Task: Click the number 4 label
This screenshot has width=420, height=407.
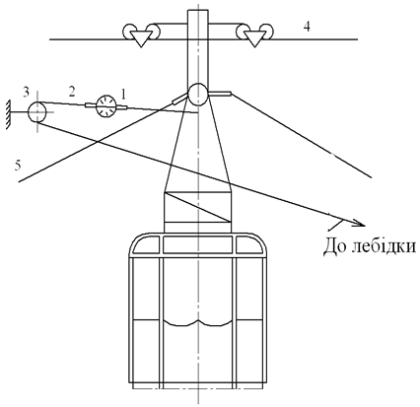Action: pyautogui.click(x=307, y=28)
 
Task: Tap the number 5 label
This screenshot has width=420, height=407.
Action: pyautogui.click(x=18, y=166)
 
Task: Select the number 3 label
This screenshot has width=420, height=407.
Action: pyautogui.click(x=27, y=93)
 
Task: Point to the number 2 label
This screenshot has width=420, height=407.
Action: pyautogui.click(x=72, y=92)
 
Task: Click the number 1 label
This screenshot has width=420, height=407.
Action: pyautogui.click(x=123, y=95)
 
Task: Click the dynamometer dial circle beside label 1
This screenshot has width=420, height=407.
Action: pyautogui.click(x=105, y=105)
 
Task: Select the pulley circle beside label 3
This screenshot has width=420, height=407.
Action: pyautogui.click(x=37, y=111)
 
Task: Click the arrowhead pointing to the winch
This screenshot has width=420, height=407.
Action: pyautogui.click(x=358, y=224)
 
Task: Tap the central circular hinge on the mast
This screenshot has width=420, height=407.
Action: pyautogui.click(x=198, y=94)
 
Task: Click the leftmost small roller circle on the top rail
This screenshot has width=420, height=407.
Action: pyautogui.click(x=127, y=31)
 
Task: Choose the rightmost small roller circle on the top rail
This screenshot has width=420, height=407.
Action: pyautogui.click(x=268, y=31)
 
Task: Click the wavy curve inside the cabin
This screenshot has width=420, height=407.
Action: pyautogui.click(x=198, y=322)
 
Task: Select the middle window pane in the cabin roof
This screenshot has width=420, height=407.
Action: pyautogui.click(x=198, y=245)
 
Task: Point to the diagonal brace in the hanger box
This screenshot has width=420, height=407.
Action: pyautogui.click(x=198, y=207)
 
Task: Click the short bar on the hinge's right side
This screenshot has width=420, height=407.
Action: pyautogui.click(x=220, y=94)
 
